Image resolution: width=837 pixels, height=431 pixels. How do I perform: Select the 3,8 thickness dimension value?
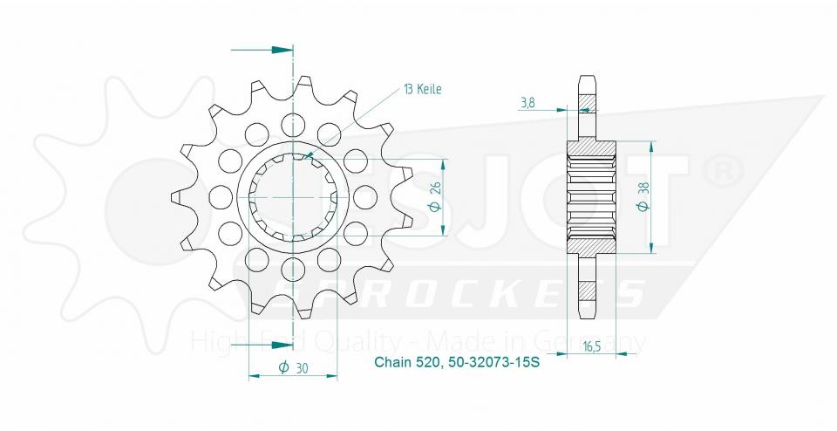(x=528, y=103)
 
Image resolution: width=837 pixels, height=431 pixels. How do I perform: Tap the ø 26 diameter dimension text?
(x=435, y=198)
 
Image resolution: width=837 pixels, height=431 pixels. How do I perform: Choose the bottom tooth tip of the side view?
(x=589, y=319)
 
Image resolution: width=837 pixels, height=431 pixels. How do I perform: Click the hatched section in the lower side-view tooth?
(x=589, y=293)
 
